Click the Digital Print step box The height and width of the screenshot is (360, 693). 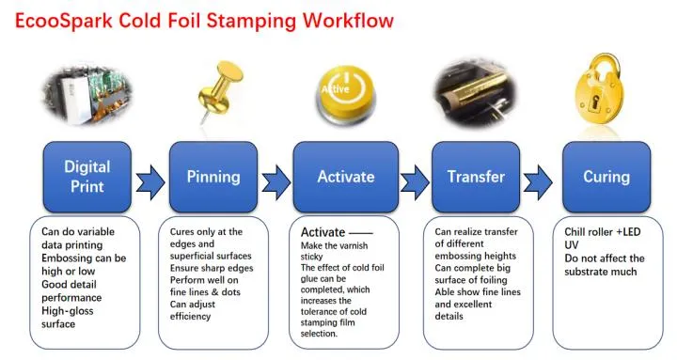87,176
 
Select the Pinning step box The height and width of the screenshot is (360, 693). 213,176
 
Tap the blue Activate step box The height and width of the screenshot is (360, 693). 346,176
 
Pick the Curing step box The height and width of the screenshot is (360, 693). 606,176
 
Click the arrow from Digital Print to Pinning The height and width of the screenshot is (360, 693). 150,178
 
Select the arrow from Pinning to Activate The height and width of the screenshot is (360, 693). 276,178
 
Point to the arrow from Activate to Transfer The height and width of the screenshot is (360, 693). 413,178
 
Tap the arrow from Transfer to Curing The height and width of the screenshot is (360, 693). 538,178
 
